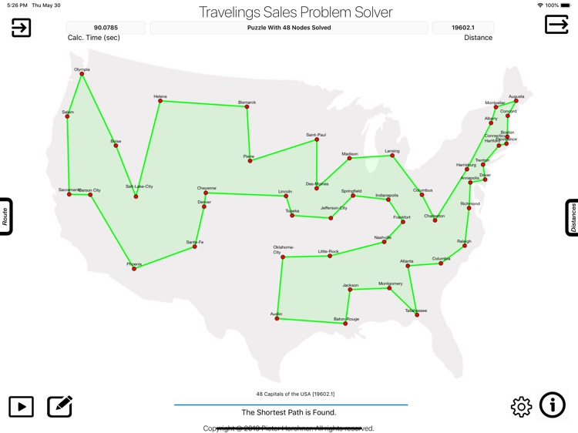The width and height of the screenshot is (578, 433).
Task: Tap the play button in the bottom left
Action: point(21,406)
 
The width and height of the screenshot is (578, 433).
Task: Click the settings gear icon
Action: point(522,407)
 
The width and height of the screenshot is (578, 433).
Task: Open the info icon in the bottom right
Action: point(553,405)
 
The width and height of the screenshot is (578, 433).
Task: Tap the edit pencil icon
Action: point(60,406)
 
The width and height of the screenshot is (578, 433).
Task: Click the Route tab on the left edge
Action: point(5,216)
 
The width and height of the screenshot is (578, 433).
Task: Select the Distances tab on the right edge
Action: point(573,217)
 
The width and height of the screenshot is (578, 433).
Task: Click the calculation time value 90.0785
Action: point(106,28)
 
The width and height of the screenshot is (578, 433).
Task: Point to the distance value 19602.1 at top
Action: point(463,28)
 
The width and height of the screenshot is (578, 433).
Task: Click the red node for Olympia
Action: point(82,74)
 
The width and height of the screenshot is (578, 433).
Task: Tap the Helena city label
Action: point(160,96)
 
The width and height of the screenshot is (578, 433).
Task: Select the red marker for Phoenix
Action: point(134,269)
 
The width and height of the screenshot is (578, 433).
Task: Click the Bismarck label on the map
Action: point(247,102)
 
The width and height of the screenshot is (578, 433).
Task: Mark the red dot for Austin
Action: point(277,318)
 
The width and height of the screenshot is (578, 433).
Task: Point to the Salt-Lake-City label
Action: point(139,186)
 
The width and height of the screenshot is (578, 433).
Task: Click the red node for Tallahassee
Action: point(417,314)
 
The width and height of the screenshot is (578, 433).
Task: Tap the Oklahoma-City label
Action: point(283,250)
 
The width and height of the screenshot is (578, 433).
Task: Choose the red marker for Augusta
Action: point(516,101)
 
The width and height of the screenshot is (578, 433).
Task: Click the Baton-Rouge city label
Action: point(346,319)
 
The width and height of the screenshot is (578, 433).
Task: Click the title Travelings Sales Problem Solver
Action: point(295,12)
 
